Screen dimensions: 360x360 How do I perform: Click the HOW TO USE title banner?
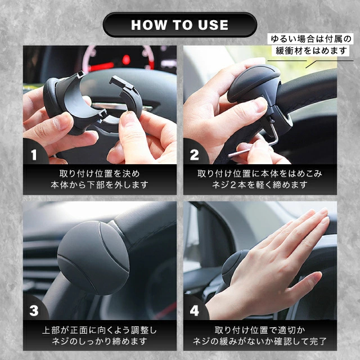(180, 25)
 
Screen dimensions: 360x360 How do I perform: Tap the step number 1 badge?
(34, 155)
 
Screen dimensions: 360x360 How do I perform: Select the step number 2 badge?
(195, 155)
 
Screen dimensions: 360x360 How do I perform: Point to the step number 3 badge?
(34, 310)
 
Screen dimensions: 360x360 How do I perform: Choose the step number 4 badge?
(195, 310)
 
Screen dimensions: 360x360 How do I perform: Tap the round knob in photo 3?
(93, 258)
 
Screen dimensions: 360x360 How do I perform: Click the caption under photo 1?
(100, 179)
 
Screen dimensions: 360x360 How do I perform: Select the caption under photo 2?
(260, 179)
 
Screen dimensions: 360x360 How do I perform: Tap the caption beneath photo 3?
(100, 335)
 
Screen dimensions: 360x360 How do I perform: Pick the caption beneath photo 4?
(260, 335)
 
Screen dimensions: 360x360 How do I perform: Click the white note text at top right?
(311, 45)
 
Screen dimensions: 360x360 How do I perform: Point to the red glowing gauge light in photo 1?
(126, 60)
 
